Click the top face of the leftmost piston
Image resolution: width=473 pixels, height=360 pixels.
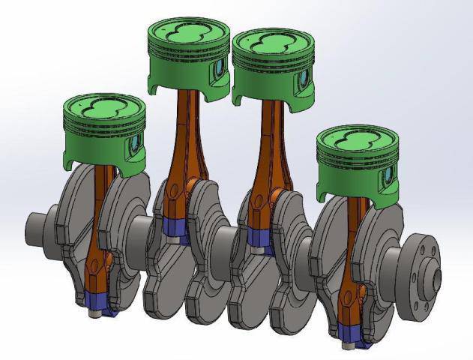(103, 106)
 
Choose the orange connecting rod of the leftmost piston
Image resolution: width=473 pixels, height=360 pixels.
(98, 240)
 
